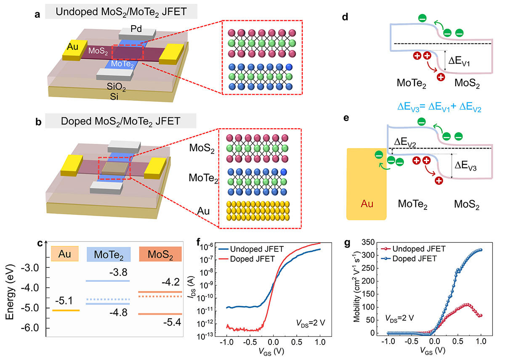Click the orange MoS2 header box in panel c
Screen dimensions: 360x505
pyautogui.click(x=160, y=254)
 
